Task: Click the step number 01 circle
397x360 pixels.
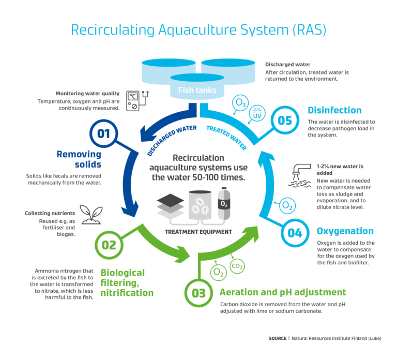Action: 104,134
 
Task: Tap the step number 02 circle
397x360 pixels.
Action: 109,244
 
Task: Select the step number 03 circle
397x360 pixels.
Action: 199,293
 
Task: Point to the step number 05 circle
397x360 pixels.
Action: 285,121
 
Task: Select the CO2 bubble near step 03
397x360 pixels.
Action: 237,267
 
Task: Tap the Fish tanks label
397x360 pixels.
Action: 194,90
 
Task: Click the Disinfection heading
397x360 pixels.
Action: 334,110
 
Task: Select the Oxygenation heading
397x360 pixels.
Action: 345,231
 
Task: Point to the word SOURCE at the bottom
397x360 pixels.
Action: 277,338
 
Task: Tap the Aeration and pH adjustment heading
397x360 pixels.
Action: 283,292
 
